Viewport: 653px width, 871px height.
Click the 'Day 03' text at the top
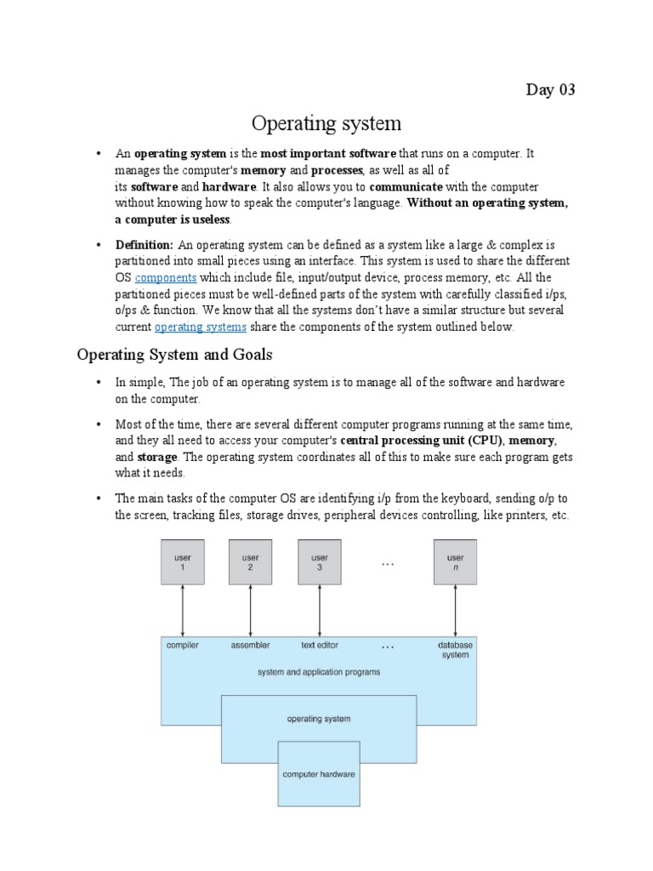(x=551, y=90)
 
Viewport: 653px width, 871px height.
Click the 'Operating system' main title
(x=326, y=124)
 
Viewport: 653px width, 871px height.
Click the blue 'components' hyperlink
(x=166, y=277)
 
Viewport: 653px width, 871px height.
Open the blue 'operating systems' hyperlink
(x=201, y=327)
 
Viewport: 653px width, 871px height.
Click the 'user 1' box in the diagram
(x=183, y=563)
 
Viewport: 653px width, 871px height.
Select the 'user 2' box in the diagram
(x=251, y=563)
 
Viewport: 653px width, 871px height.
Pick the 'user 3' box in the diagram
(x=319, y=563)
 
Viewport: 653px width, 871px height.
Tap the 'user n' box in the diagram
(x=455, y=563)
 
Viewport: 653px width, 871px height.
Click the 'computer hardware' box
(x=319, y=774)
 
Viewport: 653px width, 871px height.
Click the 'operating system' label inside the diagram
(x=319, y=719)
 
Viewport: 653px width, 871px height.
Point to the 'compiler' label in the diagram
(x=183, y=646)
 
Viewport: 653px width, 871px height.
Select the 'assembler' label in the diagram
(x=251, y=646)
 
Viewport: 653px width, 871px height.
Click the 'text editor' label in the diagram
(x=320, y=646)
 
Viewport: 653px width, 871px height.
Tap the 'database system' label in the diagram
(x=455, y=650)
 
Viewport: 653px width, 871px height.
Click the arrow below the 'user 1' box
(x=183, y=610)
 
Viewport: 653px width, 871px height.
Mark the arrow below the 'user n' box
(x=455, y=610)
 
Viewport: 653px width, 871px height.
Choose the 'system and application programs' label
(x=319, y=672)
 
